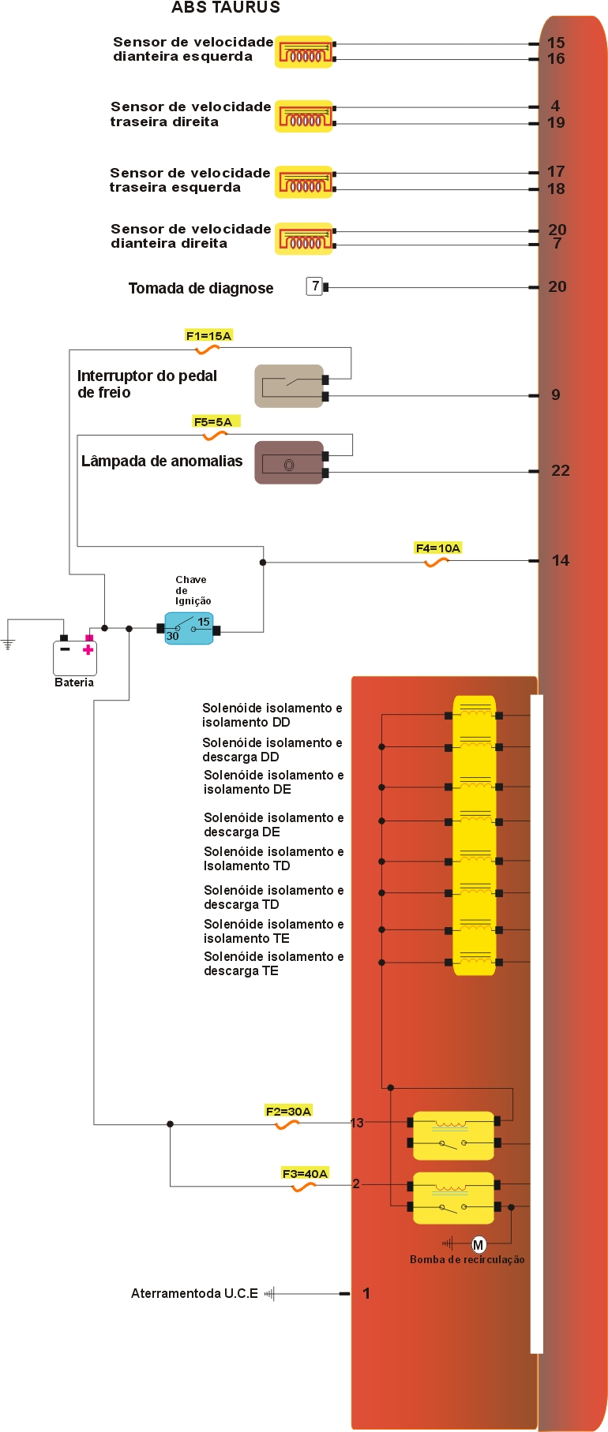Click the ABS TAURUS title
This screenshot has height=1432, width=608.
tap(226, 8)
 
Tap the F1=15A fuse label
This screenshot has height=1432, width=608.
tap(208, 336)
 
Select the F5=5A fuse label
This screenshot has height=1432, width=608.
tap(213, 422)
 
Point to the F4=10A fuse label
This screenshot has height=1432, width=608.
tap(437, 548)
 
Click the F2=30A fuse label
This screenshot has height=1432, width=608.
tap(288, 1112)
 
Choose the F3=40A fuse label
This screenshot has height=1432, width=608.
tap(305, 1174)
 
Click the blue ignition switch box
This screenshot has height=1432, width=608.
tap(189, 629)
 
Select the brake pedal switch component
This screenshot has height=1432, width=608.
tap(289, 386)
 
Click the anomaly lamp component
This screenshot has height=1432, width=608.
tap(289, 463)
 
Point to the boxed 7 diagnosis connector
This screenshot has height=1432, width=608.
tap(315, 286)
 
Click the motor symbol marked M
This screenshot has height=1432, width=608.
tap(479, 1245)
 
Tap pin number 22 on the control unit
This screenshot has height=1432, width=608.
tap(561, 471)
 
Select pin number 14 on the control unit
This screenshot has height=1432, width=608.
tap(561, 561)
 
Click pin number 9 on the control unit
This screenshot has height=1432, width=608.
tap(556, 395)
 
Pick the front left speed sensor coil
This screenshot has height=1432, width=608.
tap(304, 52)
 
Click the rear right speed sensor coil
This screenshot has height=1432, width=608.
tap(304, 117)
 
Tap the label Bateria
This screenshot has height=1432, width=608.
tap(74, 683)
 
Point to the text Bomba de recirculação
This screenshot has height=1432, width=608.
tap(467, 1260)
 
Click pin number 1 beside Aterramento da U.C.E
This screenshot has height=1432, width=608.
tap(366, 1294)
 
